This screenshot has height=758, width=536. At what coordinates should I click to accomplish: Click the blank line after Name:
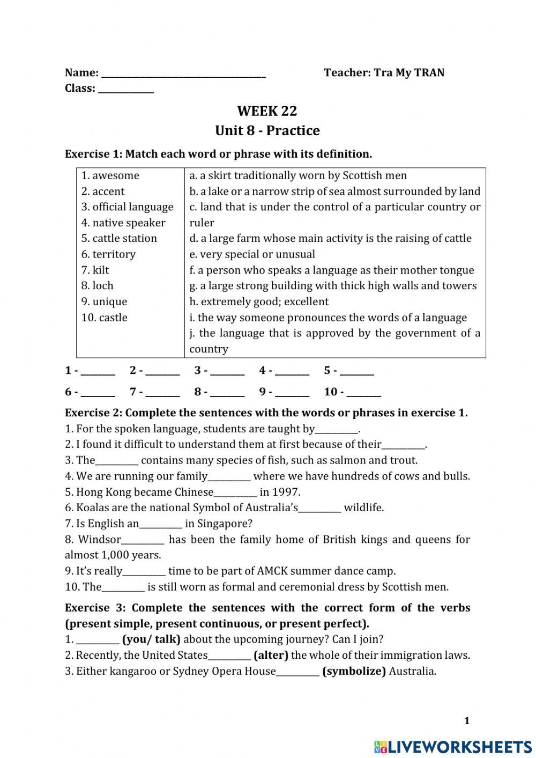point(183,73)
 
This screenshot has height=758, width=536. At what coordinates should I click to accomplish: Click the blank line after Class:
point(126,89)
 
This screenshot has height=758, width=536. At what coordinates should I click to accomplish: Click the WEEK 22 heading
point(267,111)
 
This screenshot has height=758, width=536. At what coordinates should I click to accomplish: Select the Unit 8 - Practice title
point(267,131)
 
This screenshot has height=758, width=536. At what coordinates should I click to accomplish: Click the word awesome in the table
point(115,175)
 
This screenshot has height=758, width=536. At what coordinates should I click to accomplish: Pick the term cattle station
point(124,238)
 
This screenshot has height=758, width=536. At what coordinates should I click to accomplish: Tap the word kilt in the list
point(101,270)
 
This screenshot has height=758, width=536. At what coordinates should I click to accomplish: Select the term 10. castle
point(105,317)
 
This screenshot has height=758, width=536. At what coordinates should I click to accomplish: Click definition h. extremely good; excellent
point(259,301)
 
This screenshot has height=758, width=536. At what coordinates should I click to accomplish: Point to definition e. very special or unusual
point(252,254)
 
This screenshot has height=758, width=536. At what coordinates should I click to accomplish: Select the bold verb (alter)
point(271,655)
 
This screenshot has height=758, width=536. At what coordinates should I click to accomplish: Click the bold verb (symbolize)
point(354,671)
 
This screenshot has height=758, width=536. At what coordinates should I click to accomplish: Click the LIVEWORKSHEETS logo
point(452,746)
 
